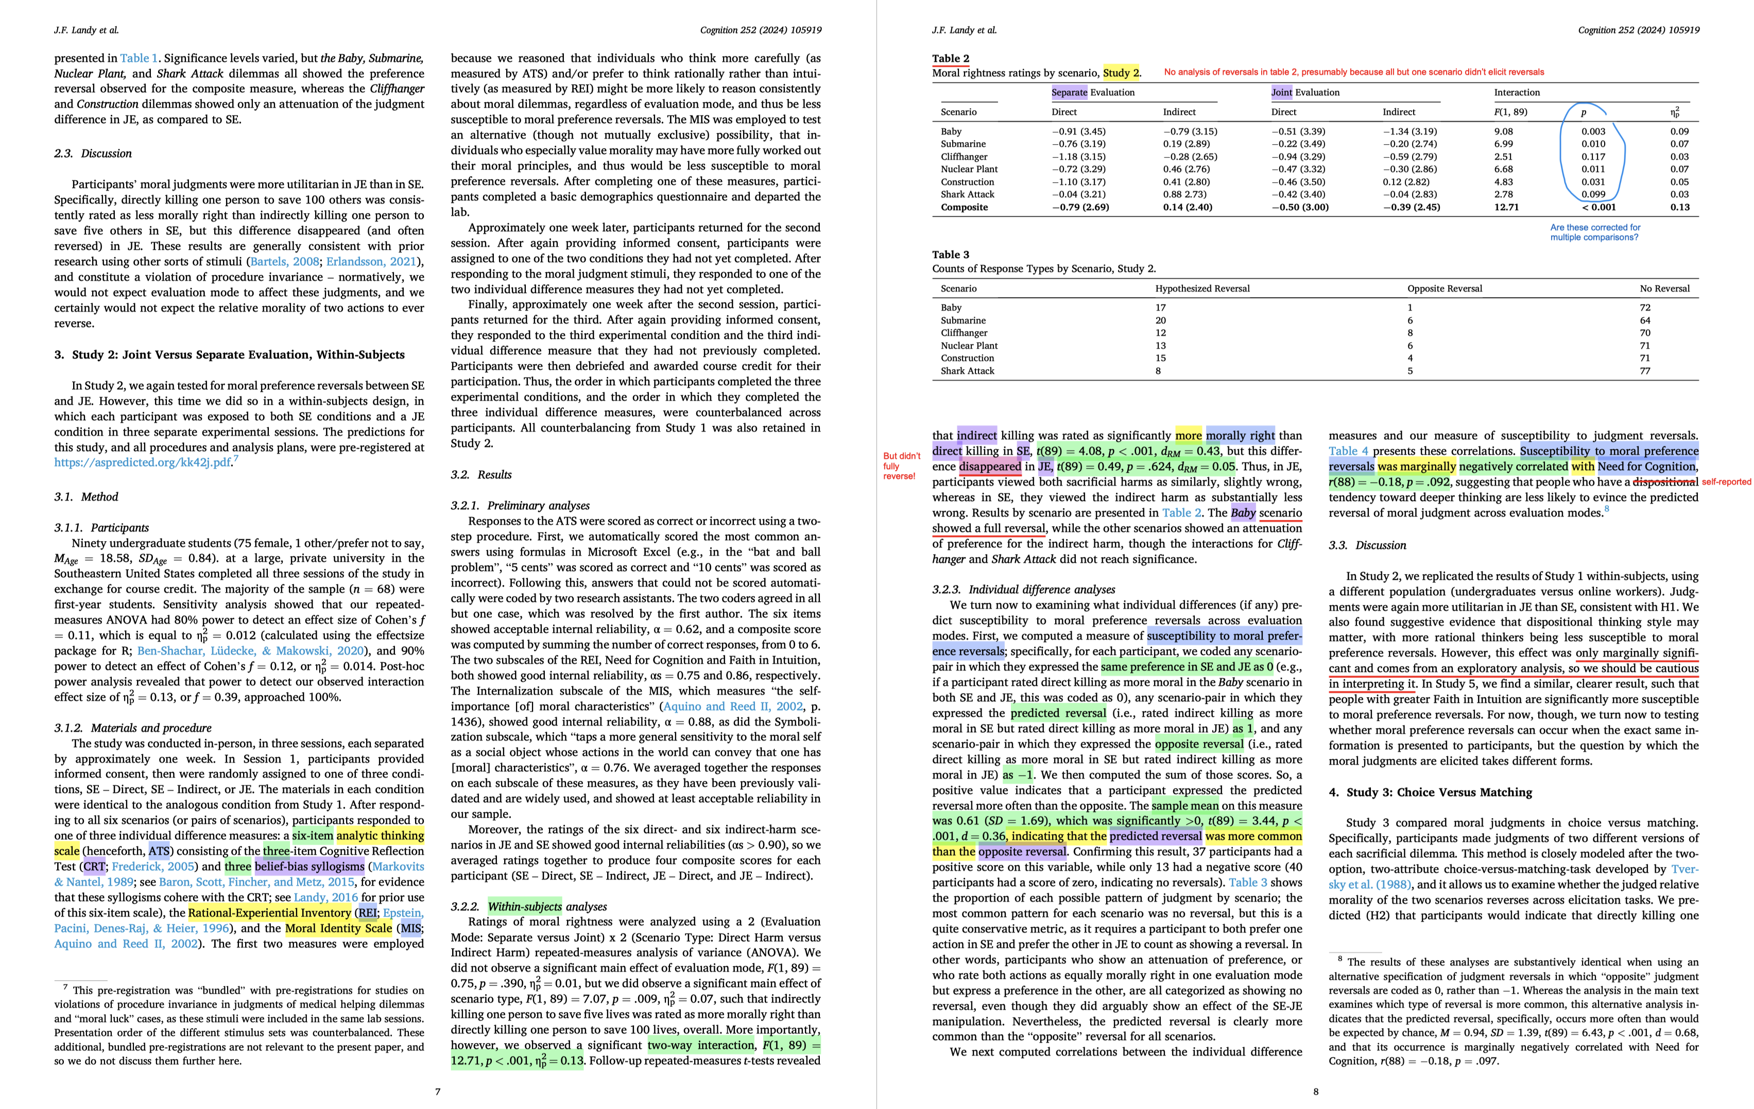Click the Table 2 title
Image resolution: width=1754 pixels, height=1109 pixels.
[x=951, y=58]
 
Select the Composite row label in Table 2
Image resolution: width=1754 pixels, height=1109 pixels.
[x=965, y=207]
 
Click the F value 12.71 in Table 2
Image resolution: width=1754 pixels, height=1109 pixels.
[x=1506, y=207]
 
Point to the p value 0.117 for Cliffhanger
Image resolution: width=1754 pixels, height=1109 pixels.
[x=1593, y=157]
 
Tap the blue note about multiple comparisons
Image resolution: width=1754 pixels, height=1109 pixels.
[x=1594, y=232]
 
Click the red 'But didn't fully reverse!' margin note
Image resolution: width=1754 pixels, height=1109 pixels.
[x=902, y=466]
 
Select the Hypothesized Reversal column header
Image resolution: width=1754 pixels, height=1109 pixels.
[x=1202, y=288]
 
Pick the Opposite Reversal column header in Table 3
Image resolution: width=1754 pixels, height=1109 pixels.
[x=1445, y=288]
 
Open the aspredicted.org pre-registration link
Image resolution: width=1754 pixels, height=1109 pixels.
[x=142, y=462]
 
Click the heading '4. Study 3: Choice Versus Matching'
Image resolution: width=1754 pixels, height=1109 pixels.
[x=1430, y=792]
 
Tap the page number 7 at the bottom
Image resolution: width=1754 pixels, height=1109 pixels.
[x=438, y=1091]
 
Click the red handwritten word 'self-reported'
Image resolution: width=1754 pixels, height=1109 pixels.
[x=1726, y=482]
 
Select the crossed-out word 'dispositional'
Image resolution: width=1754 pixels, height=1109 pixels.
[x=1665, y=482]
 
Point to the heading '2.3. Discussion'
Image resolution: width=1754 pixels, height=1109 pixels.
[x=93, y=153]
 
